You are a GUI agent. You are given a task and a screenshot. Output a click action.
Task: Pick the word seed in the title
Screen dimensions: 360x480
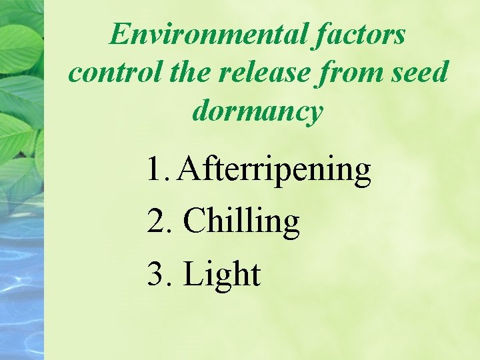tap(419, 72)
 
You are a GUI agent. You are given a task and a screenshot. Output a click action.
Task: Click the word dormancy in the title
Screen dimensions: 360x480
tap(257, 111)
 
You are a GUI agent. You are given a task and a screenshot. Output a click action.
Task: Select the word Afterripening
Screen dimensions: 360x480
tap(274, 171)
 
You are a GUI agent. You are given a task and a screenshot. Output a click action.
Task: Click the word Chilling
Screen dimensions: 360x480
tap(241, 222)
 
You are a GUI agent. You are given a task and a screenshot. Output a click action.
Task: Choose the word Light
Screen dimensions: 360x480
tap(221, 274)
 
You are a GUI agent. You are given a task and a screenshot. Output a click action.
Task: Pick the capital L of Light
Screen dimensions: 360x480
tap(193, 273)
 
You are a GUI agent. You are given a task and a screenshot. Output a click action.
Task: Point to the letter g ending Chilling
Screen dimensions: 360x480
tap(291, 225)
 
